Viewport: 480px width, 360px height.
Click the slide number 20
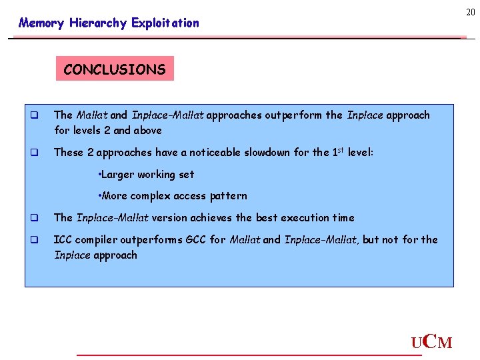pos(470,13)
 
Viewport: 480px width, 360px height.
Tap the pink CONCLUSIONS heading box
pos(115,69)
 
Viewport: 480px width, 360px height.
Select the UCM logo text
pos(432,343)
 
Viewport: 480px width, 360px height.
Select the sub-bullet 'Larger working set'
pos(146,174)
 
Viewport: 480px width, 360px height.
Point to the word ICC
pos(63,239)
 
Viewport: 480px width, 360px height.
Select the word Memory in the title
pos(41,23)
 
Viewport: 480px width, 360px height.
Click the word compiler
pos(97,239)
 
